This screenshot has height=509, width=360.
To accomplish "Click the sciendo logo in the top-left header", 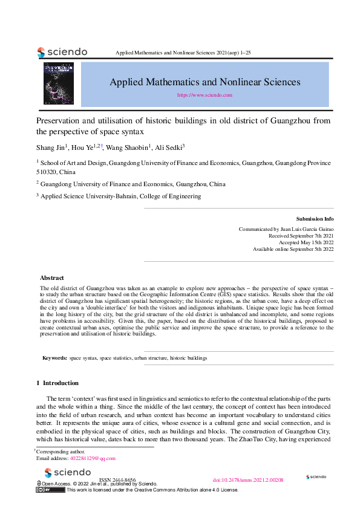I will (x=62, y=52).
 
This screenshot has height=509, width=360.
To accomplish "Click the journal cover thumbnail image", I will (x=58, y=83).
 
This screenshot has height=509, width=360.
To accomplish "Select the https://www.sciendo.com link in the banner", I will (x=205, y=95).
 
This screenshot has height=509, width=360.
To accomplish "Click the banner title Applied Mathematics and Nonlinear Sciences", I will (x=205, y=82).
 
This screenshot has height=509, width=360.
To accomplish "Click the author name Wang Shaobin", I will (x=126, y=146).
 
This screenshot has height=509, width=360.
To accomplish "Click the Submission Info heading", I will (x=315, y=218).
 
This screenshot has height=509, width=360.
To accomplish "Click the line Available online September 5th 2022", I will (x=293, y=249).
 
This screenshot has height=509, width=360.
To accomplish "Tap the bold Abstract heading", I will (x=52, y=278).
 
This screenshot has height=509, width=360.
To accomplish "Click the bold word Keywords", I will (x=54, y=358).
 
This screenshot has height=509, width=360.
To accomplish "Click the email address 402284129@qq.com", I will (x=93, y=458).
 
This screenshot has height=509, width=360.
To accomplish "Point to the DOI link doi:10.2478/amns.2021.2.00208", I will (x=249, y=479).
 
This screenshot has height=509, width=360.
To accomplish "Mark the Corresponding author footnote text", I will (x=60, y=452).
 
